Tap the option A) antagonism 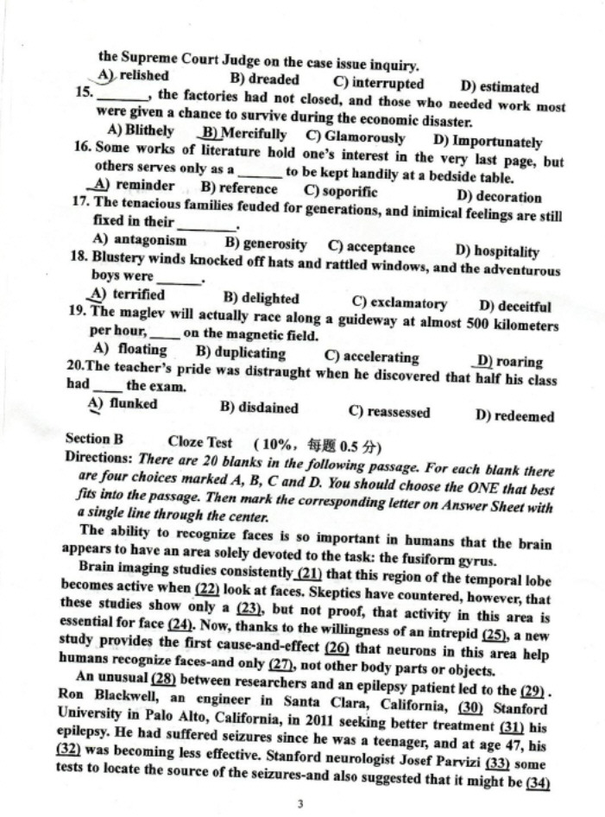pos(139,240)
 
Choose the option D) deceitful pos(515,305)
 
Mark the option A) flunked pos(123,403)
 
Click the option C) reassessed pos(388,412)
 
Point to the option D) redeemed pos(514,416)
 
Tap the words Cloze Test pos(200,442)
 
